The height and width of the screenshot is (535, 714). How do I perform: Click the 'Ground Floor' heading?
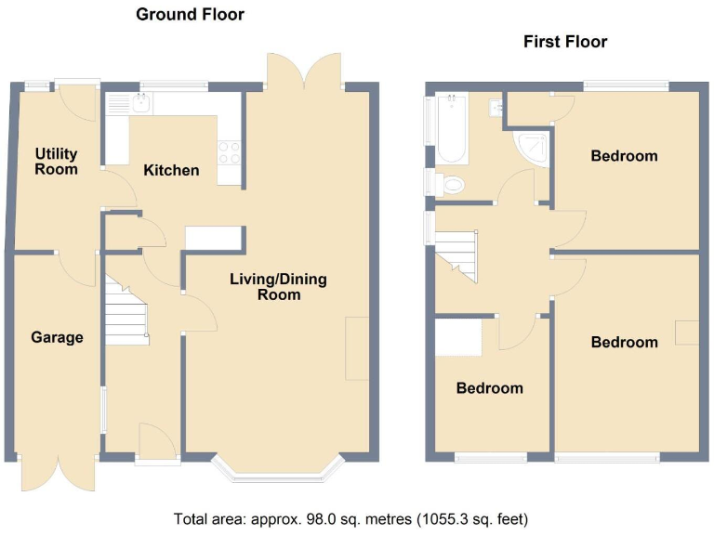(x=190, y=14)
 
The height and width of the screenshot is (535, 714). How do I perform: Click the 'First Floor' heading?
(x=564, y=42)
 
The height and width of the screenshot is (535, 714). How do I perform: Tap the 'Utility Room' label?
(x=57, y=161)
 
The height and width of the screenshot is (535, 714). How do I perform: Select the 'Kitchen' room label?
(x=170, y=170)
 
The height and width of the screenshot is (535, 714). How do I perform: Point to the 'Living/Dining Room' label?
(x=280, y=287)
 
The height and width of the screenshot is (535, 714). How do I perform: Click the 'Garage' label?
(x=57, y=337)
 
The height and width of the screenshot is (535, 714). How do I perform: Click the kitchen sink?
(x=140, y=104)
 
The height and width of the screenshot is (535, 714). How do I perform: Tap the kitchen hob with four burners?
(x=230, y=150)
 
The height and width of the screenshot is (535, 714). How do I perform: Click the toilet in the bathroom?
(x=451, y=185)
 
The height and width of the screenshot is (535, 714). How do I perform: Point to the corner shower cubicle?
(x=532, y=146)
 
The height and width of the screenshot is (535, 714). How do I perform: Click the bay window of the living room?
(x=276, y=473)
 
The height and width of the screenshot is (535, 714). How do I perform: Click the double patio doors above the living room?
(x=302, y=71)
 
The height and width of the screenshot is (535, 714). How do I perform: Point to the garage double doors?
(x=58, y=474)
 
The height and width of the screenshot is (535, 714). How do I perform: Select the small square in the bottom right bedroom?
(x=686, y=332)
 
